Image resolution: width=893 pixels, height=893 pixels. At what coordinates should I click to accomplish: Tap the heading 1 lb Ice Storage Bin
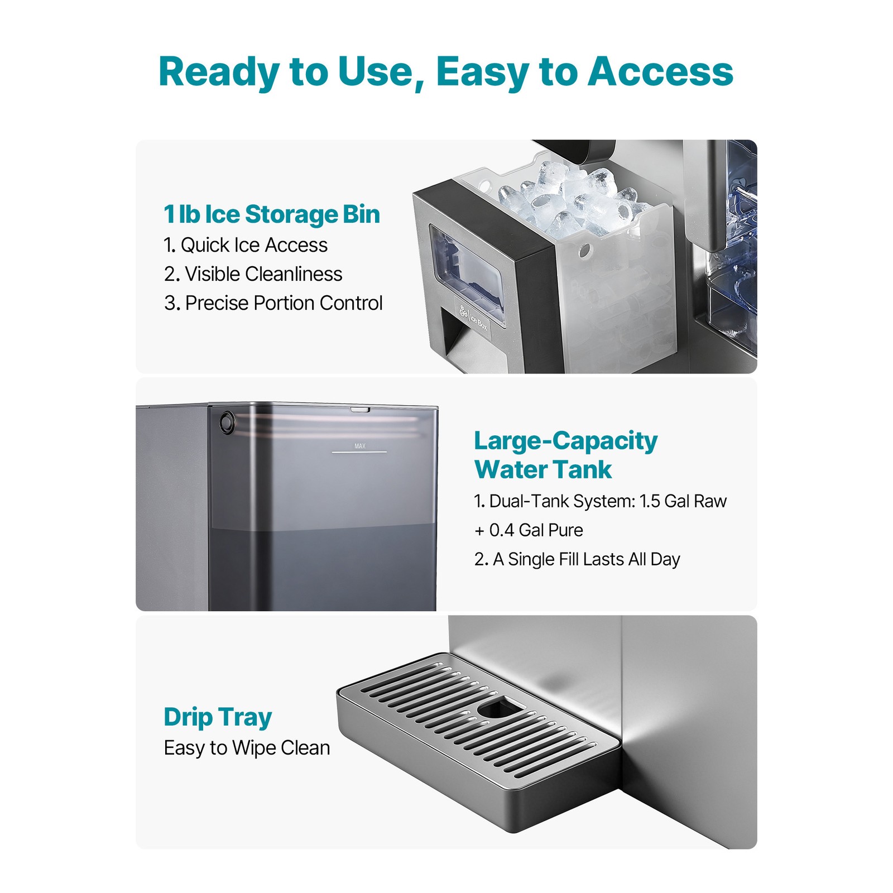(272, 215)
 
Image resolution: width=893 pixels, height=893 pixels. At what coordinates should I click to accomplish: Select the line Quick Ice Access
(246, 245)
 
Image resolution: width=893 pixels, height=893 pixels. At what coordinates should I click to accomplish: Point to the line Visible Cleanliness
(253, 274)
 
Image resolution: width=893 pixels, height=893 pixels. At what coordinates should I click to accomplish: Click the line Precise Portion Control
(273, 303)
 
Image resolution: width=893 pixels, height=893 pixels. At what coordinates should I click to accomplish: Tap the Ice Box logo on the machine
(473, 319)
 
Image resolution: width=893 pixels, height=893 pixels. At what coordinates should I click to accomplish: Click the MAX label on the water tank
(360, 446)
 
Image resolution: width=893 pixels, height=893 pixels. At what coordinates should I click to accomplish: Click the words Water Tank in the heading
(542, 469)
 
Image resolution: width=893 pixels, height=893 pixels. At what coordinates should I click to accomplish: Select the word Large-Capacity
(565, 441)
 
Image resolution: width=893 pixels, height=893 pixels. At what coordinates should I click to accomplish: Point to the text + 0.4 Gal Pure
(528, 530)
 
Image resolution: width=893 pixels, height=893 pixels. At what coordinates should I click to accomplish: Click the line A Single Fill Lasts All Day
(577, 559)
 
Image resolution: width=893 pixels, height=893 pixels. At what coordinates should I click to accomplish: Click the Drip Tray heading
(218, 718)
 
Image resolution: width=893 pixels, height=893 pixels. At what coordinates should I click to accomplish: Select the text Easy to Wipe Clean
(247, 748)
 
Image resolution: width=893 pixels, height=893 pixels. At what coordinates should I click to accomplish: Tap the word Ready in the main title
(219, 72)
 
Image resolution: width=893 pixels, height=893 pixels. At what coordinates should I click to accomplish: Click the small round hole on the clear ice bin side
(584, 250)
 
